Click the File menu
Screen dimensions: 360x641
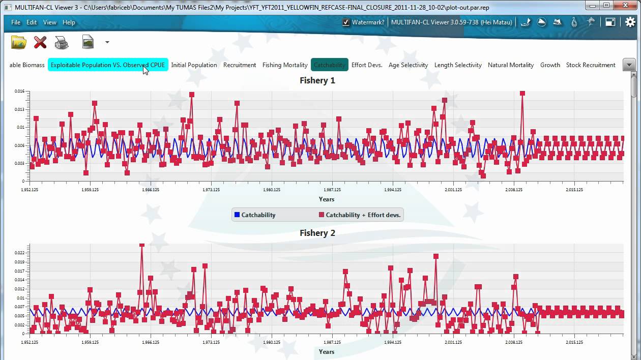coord(16,22)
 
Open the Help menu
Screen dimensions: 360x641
coord(69,22)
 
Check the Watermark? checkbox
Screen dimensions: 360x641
coord(346,22)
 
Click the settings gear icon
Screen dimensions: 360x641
coord(630,22)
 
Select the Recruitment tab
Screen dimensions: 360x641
coord(240,65)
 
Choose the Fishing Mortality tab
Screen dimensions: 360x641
coord(285,65)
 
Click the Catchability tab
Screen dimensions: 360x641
coord(329,65)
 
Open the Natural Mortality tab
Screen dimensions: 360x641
coord(511,65)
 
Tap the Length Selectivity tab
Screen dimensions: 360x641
coord(458,65)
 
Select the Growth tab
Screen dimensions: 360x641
coord(550,65)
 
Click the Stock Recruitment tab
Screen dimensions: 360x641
coord(591,65)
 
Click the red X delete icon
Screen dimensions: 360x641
coord(40,42)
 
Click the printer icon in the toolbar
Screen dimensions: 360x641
coord(62,42)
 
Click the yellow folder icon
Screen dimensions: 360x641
coord(19,42)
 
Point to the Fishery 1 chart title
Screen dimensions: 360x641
coord(317,80)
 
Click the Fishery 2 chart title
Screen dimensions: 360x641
coord(317,233)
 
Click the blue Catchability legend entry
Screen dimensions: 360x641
coord(255,215)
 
